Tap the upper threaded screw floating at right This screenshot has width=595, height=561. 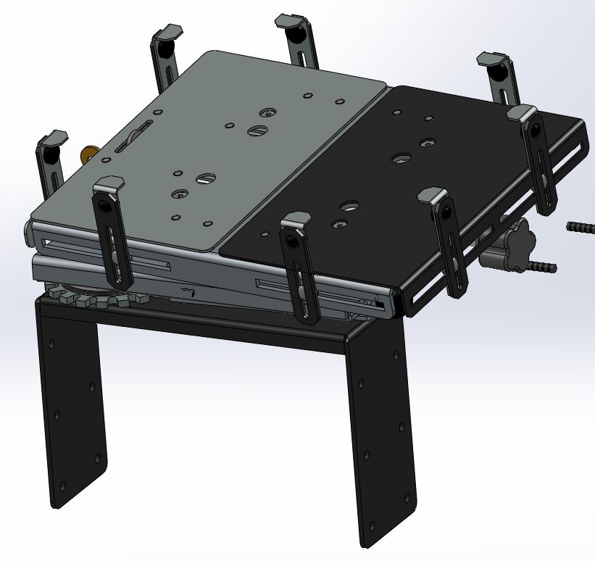581,228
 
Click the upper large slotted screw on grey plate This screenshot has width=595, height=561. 258,130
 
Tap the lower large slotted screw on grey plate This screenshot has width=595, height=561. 205,178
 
